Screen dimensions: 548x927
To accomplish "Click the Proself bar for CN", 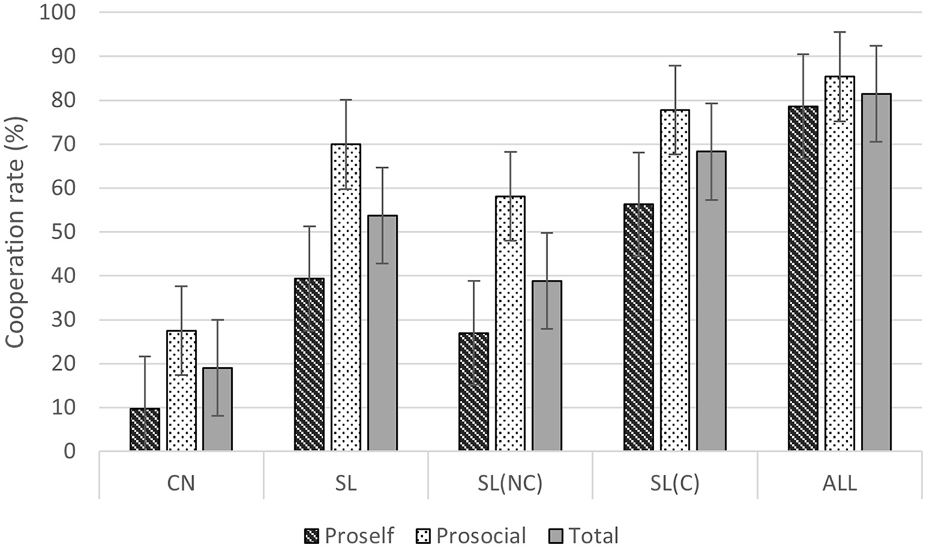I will click(x=145, y=430).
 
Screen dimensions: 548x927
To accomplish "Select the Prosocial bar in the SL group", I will click(x=345, y=298).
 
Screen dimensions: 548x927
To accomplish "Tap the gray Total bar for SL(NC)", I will click(x=546, y=366).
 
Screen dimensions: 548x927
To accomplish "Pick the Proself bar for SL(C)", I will click(x=638, y=328).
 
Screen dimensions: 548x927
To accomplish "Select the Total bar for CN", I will click(x=217, y=409).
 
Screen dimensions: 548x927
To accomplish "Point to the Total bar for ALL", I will click(x=876, y=272).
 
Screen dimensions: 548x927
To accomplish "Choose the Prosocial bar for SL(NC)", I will click(x=510, y=324).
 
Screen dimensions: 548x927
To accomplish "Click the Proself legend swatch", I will click(x=312, y=536).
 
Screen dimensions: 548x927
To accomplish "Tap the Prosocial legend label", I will click(x=481, y=536).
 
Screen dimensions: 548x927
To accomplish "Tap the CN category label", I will click(x=181, y=485).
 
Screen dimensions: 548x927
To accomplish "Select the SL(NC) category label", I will click(x=510, y=485).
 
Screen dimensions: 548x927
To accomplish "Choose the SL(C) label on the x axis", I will click(x=674, y=485).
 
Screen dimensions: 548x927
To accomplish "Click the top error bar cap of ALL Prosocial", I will click(x=839, y=32).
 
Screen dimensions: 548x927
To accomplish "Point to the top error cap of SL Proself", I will click(x=309, y=226).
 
